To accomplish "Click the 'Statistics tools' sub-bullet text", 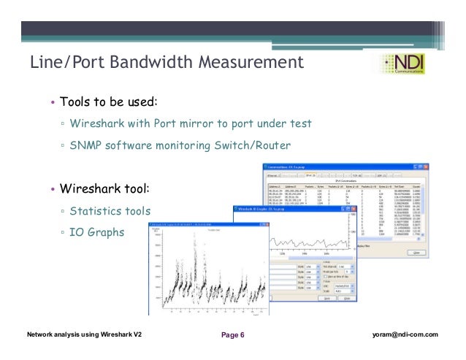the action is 110,211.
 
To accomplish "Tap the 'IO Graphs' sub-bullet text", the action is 96,233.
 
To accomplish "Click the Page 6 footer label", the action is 233,335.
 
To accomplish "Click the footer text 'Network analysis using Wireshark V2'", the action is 84,334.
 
